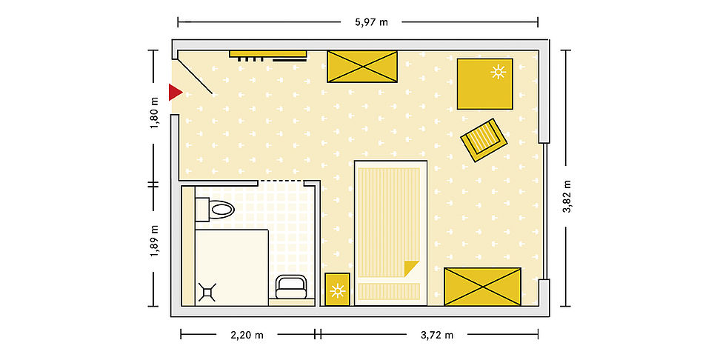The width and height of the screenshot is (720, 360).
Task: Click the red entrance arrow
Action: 175,92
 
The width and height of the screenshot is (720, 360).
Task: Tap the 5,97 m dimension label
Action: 371,21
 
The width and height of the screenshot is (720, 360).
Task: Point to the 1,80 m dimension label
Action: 154,113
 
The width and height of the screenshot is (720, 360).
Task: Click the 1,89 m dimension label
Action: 154,241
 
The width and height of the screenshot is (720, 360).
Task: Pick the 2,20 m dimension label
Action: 247,335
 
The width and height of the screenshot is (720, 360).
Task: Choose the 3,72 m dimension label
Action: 437,335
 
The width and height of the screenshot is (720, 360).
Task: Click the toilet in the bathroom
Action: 215,210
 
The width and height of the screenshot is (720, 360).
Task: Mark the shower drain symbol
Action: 207,292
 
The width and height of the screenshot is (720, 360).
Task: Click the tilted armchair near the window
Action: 484,140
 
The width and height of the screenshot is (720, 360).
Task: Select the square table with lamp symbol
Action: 484,84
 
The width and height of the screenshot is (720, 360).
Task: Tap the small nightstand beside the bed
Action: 338,290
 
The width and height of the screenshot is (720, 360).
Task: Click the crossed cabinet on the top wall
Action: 362,67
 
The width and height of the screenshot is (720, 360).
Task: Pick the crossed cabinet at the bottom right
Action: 483,287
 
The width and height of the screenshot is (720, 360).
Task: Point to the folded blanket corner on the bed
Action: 410,267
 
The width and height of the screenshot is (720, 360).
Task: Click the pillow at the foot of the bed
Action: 389,291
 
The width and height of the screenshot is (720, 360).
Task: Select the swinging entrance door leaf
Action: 195,76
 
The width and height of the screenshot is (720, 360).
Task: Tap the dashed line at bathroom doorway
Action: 281,181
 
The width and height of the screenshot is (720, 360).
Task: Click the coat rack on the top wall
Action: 268,56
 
